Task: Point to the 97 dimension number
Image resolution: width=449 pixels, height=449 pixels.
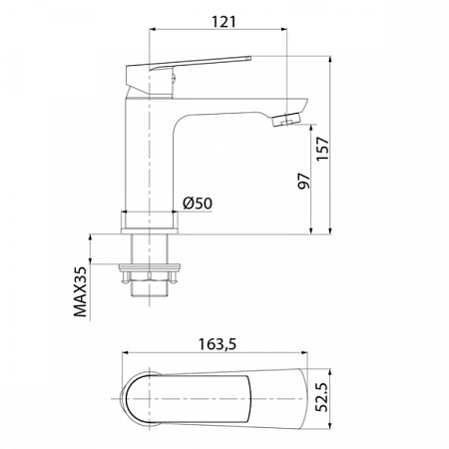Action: pyautogui.click(x=304, y=180)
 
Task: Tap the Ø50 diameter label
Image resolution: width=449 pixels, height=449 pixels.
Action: pyautogui.click(x=199, y=204)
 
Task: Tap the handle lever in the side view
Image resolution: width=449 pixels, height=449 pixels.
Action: pyautogui.click(x=190, y=68)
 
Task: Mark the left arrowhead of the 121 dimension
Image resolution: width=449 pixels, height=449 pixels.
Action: pyautogui.click(x=152, y=30)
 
